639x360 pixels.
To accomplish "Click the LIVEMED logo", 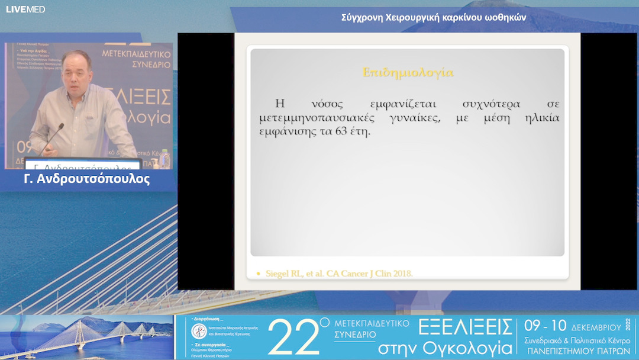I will [x=25, y=9].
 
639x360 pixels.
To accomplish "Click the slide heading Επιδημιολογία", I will [x=408, y=73].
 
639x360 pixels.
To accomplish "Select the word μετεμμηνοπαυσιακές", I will [x=320, y=118].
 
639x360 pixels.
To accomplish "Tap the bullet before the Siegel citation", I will [x=259, y=274].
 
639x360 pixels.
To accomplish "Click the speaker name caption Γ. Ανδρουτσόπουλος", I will [x=87, y=179].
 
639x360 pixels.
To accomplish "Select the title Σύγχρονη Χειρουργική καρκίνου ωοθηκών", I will [x=434, y=18].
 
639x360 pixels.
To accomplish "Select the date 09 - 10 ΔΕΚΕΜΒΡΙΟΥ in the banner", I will [x=573, y=326].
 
